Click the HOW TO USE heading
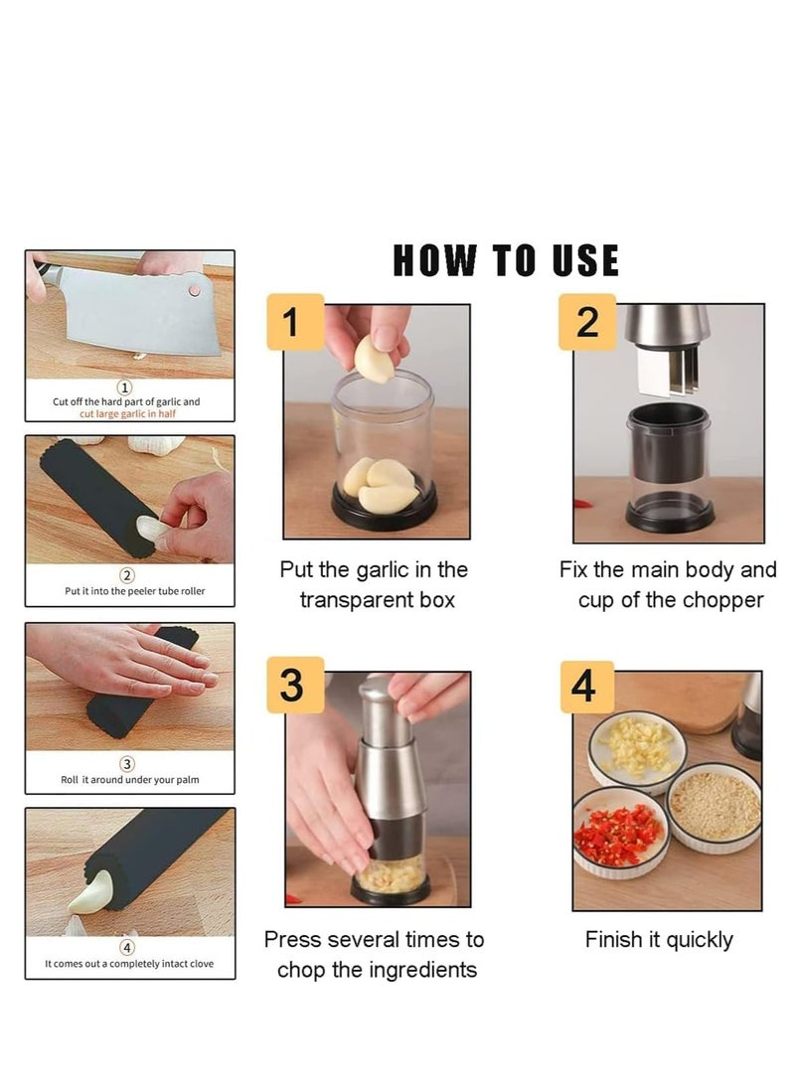[506, 260]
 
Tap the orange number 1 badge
[295, 321]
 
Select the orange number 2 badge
[586, 321]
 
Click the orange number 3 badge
[295, 685]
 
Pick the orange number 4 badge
[586, 687]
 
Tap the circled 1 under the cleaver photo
[125, 387]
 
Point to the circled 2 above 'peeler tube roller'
[127, 575]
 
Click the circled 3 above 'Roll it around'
[127, 764]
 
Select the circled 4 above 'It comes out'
[127, 948]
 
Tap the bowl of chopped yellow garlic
[637, 751]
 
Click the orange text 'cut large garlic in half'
[127, 413]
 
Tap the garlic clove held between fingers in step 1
[374, 357]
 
